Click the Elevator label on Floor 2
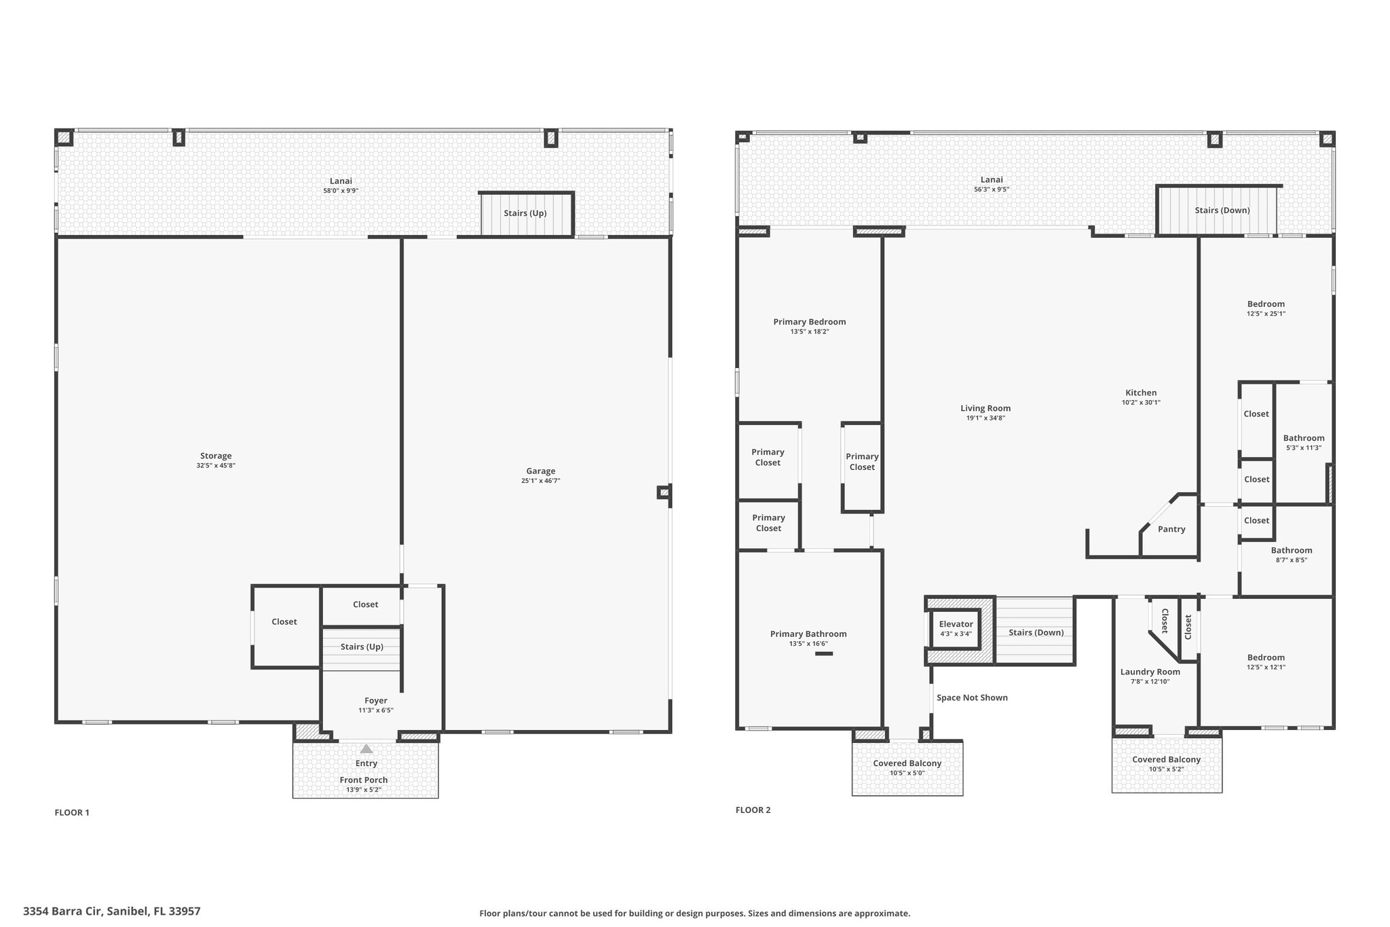[x=956, y=624]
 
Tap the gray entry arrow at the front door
[x=367, y=748]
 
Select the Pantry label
[x=1171, y=529]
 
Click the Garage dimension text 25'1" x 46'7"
[x=541, y=481]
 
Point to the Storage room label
[x=216, y=456]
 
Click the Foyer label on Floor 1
[x=376, y=701]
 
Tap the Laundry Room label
[x=1150, y=672]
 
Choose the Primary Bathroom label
[x=808, y=634]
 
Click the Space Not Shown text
[x=972, y=697]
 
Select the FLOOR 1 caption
[x=72, y=812]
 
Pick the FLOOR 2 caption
[x=753, y=810]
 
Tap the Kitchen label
[x=1141, y=393]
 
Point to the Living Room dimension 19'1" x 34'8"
[x=985, y=418]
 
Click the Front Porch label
[x=364, y=780]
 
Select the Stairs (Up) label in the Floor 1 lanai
[x=525, y=213]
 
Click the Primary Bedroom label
[x=810, y=322]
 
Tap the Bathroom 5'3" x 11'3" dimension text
[x=1304, y=448]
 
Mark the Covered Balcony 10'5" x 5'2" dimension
[x=1167, y=769]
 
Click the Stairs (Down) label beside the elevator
[x=1036, y=632]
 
